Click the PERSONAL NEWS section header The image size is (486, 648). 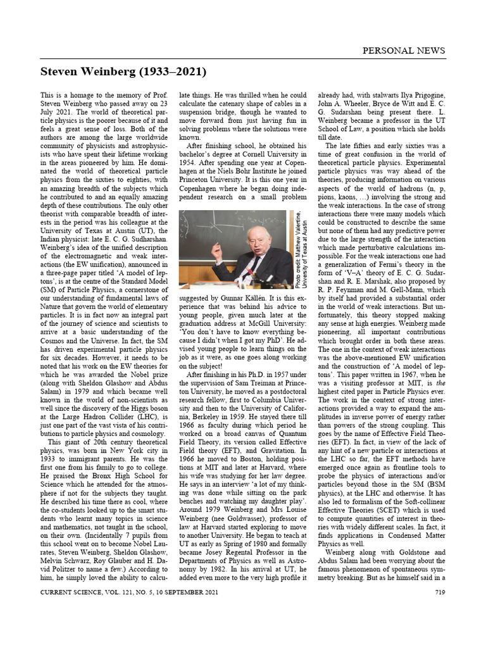(x=402, y=51)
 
